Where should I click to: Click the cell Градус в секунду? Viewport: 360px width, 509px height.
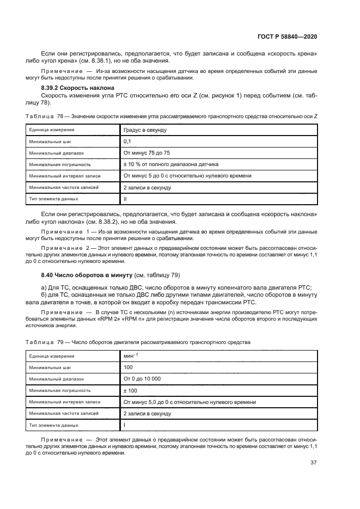tap(145, 130)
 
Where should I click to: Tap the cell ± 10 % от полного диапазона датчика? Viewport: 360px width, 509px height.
tap(171, 164)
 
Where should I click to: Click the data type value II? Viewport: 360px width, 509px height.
tap(125, 199)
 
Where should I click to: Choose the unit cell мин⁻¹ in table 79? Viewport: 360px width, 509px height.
tap(131, 356)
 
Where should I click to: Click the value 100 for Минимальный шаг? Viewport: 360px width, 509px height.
tap(129, 367)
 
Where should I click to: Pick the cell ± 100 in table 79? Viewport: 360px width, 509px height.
tap(131, 390)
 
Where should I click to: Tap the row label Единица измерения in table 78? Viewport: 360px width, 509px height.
tap(52, 130)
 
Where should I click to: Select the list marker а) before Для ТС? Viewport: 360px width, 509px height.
tap(45, 287)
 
